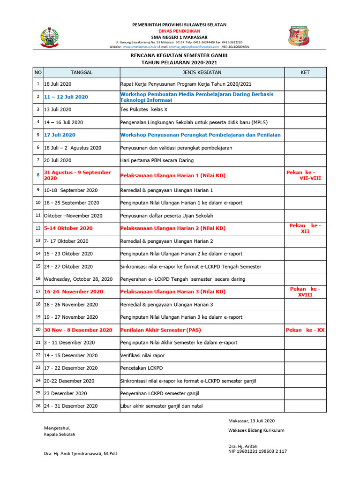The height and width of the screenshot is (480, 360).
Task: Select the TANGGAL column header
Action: tap(82, 72)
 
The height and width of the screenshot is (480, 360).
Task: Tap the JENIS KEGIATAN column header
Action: tap(202, 72)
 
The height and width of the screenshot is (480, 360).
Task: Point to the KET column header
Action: tap(305, 72)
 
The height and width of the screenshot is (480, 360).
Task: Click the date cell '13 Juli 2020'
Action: tap(58, 109)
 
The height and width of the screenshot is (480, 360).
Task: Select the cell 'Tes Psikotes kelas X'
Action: tap(144, 109)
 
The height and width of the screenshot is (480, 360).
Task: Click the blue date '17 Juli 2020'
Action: tap(60, 135)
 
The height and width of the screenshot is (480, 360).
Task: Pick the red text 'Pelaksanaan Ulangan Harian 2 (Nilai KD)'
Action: tap(173, 228)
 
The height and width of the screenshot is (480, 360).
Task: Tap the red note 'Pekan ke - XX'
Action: tap(305, 330)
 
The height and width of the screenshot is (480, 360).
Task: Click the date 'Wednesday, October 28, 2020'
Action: tap(78, 279)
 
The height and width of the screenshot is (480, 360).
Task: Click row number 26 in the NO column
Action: tap(38, 406)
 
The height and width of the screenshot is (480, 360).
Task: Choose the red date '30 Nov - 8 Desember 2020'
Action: tap(78, 330)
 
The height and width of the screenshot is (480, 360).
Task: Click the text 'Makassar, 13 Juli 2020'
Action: tap(251, 421)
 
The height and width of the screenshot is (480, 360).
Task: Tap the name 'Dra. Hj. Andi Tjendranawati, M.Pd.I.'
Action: tap(81, 454)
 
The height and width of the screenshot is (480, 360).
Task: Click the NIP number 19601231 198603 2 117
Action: tap(257, 451)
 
